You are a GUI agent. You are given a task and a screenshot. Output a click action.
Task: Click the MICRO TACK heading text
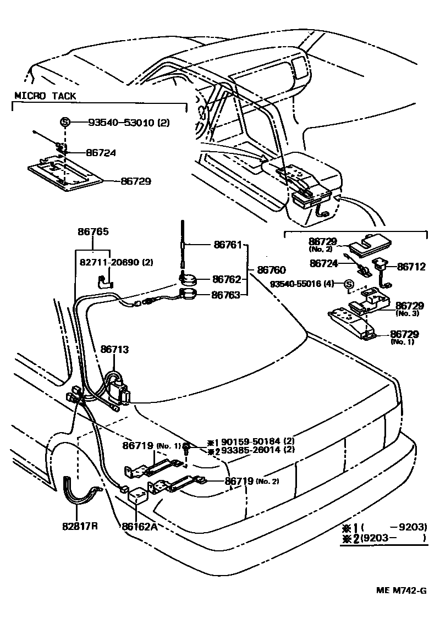[x=45, y=96]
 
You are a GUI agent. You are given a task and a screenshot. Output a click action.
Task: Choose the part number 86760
[x=271, y=270]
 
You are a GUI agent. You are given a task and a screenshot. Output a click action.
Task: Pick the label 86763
[x=227, y=295]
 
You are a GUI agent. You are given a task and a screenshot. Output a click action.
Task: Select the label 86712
[x=411, y=267]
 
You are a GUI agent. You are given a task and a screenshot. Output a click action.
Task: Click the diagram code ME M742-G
[x=401, y=591]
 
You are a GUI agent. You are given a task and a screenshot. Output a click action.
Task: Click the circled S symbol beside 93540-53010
[x=64, y=123]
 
